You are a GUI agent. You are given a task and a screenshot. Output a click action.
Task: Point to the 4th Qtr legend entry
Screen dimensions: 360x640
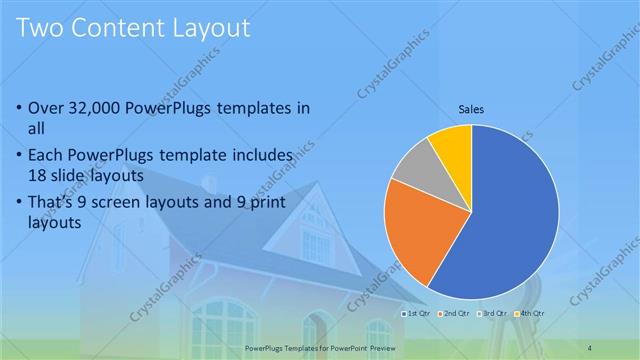click(x=529, y=314)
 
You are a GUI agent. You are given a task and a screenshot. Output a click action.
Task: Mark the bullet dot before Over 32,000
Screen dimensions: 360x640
click(x=21, y=108)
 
